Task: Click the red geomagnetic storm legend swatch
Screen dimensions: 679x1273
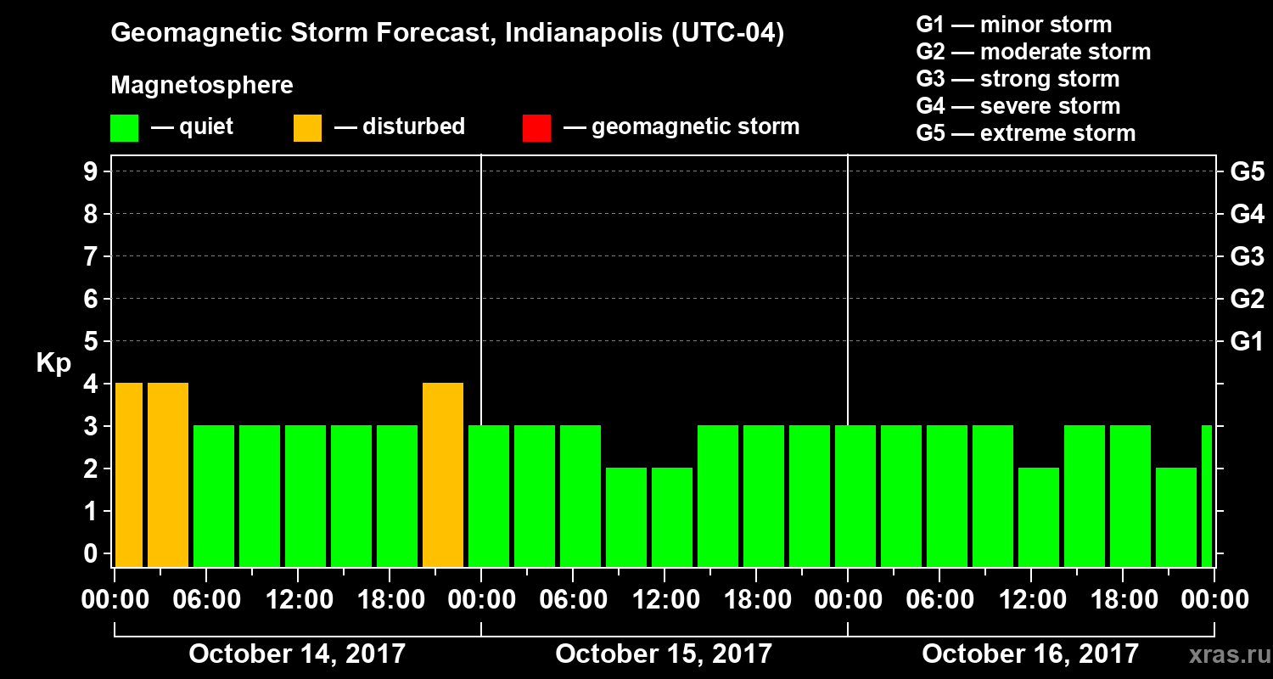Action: [537, 127]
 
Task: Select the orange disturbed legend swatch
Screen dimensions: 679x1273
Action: [307, 127]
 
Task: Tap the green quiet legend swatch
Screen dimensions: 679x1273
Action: [124, 127]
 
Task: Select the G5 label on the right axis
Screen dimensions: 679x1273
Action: [1247, 171]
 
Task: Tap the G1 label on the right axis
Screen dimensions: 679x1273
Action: [1247, 341]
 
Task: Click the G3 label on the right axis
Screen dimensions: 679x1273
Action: [1247, 256]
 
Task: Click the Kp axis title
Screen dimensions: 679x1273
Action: [53, 363]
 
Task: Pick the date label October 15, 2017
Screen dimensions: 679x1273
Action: [664, 654]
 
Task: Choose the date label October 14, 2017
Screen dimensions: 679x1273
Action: [297, 654]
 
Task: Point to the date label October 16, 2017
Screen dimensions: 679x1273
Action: [1030, 654]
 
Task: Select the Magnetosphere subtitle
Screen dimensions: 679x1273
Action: [202, 86]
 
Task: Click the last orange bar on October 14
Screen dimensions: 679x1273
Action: [443, 475]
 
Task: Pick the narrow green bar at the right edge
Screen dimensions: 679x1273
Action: [1207, 497]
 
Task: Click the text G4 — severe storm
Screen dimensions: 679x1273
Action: [1018, 106]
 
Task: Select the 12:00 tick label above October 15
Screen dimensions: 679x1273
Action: [664, 600]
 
